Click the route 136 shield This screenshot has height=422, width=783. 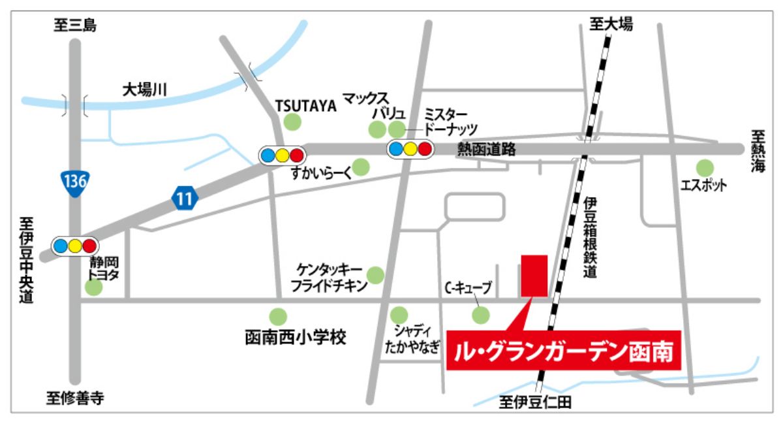[74, 182]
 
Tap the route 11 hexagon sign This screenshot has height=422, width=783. [185, 198]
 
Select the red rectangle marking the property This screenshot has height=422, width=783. [534, 276]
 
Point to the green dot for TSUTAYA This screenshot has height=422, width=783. [292, 121]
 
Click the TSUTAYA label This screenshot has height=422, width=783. [305, 105]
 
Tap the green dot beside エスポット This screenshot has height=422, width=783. [705, 167]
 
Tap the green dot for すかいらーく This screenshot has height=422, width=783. [361, 167]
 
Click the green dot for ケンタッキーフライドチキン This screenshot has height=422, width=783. [376, 274]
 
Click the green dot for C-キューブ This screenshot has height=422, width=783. [481, 316]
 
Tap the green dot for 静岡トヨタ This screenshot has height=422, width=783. [94, 287]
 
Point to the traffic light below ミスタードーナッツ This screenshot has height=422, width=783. [410, 149]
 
